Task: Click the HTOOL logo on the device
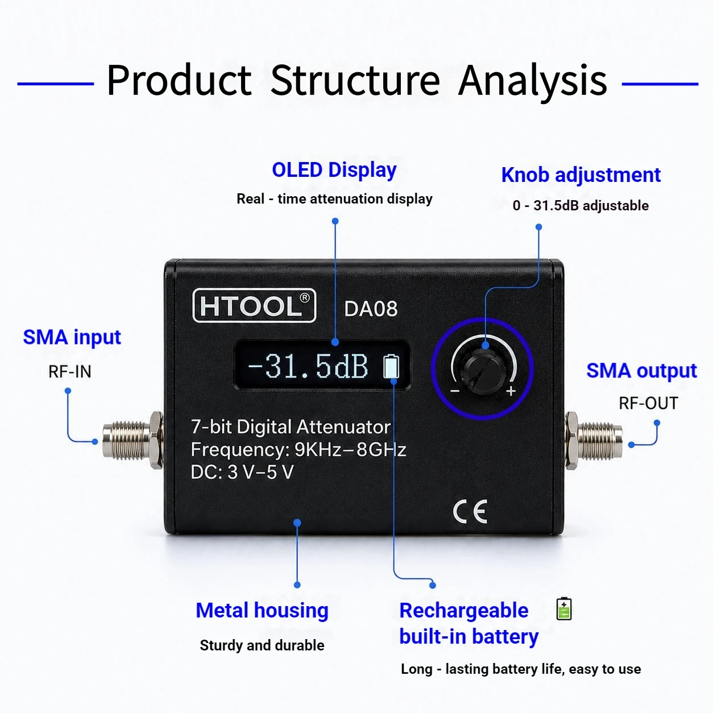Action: point(254,305)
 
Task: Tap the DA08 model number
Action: point(371,309)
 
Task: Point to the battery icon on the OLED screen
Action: point(391,366)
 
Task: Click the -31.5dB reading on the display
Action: point(308,366)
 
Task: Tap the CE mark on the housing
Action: point(470,511)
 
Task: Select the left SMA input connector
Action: point(133,441)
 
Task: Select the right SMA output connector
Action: point(594,441)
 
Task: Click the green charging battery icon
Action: point(564,608)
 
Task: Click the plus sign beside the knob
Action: point(511,391)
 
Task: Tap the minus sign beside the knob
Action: point(455,391)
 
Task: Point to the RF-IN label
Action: point(70,372)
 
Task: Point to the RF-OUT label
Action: point(648,403)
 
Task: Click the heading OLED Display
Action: point(334,171)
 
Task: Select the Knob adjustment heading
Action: point(581,175)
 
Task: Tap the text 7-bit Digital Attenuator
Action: point(291,427)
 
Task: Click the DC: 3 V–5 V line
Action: point(242,472)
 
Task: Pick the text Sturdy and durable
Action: point(262,646)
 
